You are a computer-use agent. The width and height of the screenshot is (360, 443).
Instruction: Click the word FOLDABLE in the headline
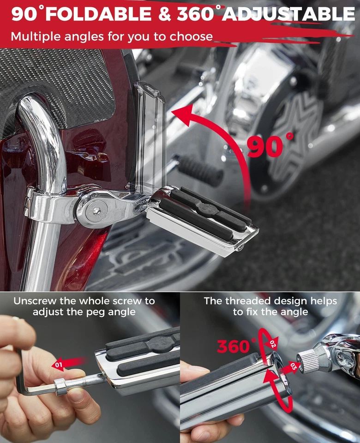(100, 14)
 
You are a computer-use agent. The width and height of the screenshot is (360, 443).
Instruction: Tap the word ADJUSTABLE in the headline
(288, 14)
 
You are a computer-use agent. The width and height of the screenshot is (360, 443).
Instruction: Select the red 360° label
(236, 345)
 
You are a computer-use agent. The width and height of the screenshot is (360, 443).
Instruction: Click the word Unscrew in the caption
(36, 301)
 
